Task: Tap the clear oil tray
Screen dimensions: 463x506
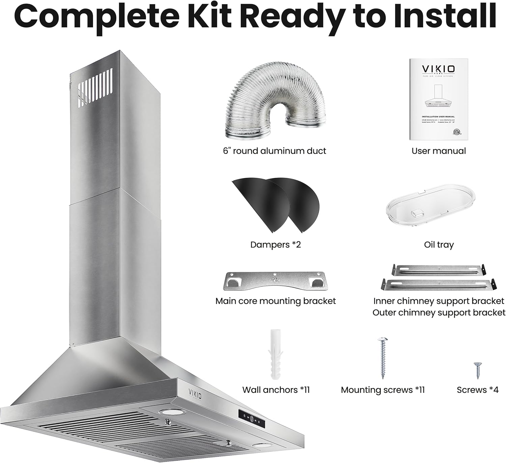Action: pos(430,207)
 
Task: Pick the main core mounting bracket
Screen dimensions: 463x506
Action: pos(276,281)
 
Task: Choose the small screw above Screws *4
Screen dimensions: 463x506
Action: pos(477,370)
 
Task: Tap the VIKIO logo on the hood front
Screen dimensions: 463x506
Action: pos(195,393)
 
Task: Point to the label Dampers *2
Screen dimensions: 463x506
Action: pos(275,244)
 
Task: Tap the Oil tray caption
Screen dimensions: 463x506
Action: pos(439,244)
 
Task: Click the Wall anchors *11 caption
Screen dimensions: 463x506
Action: pos(276,390)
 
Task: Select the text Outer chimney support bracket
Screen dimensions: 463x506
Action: pos(439,313)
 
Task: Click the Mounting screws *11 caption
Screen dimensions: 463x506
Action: pos(383,390)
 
